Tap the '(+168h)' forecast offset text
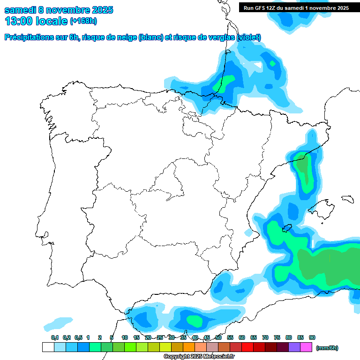click(83, 21)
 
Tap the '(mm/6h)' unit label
click(327, 348)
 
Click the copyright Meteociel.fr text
click(199, 357)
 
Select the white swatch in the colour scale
click(48, 347)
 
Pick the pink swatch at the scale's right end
click(306, 347)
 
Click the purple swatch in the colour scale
click(294, 347)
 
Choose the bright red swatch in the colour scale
click(247, 347)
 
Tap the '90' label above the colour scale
click(312, 337)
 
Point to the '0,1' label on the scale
click(54, 337)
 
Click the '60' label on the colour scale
click(242, 337)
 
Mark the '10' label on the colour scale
click(125, 337)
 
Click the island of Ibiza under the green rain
click(285, 229)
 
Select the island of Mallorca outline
click(324, 206)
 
